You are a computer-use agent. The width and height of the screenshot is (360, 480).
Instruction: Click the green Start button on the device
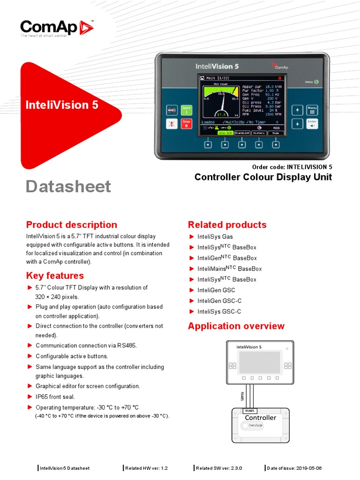pyautogui.click(x=187, y=110)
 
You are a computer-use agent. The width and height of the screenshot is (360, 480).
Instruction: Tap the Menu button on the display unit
pyautogui.click(x=312, y=110)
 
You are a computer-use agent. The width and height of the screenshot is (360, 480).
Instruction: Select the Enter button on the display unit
pyautogui.click(x=312, y=124)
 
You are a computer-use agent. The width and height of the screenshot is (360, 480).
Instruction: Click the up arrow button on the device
pyautogui.click(x=297, y=110)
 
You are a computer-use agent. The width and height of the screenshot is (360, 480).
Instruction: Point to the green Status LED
pyautogui.click(x=316, y=82)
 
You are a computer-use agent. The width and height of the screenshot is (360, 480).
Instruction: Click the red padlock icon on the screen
pyautogui.click(x=280, y=78)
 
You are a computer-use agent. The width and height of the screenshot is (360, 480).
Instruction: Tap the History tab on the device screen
pyautogui.click(x=258, y=133)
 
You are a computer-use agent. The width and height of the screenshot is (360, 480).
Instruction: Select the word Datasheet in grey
pyautogui.click(x=68, y=186)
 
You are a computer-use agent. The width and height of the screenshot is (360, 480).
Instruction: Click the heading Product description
pyautogui.click(x=72, y=225)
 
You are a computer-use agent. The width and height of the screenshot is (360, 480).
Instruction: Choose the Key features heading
pyautogui.click(x=55, y=276)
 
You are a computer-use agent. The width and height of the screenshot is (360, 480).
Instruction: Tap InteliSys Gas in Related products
pyautogui.click(x=215, y=237)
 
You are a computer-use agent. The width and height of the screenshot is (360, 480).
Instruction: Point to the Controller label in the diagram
pyautogui.click(x=261, y=418)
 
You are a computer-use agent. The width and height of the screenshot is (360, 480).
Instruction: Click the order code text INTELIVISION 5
pyautogui.click(x=309, y=167)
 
